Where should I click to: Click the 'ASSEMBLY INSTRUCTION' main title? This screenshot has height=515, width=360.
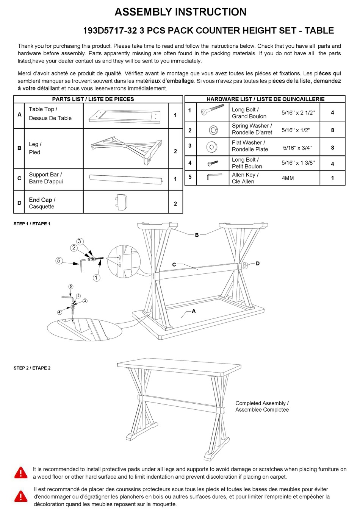(x=180, y=12)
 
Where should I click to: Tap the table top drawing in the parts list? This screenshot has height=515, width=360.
(x=125, y=115)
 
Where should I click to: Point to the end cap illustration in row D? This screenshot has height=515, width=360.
(x=121, y=203)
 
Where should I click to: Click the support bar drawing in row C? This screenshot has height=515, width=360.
(x=126, y=179)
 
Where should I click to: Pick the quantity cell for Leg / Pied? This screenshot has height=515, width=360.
(x=175, y=151)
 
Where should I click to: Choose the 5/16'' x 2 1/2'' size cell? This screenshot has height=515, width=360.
(x=298, y=113)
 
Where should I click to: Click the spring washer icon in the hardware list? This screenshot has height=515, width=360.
(x=213, y=130)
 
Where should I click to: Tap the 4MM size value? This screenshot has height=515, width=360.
(x=288, y=178)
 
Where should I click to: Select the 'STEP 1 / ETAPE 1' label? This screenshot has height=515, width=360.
(x=32, y=224)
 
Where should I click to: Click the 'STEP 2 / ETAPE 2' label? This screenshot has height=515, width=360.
(x=32, y=368)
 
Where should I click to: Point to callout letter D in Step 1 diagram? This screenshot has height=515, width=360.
(x=258, y=264)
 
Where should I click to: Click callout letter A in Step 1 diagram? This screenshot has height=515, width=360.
(x=194, y=311)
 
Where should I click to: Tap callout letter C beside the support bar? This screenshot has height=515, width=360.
(x=174, y=265)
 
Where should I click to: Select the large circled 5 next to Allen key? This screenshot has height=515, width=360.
(x=59, y=261)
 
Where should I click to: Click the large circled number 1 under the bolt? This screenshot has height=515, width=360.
(x=96, y=278)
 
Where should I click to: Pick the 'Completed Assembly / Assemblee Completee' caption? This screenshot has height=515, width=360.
(x=262, y=406)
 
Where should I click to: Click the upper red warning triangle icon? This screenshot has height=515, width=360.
(x=21, y=473)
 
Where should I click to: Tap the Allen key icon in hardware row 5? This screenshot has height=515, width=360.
(x=214, y=177)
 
